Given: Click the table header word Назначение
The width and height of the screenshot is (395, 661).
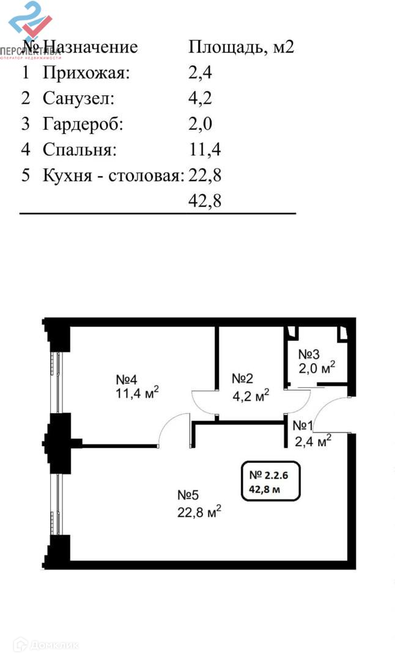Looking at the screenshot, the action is click(90, 47).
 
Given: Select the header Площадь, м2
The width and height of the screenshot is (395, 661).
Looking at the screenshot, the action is click(242, 47).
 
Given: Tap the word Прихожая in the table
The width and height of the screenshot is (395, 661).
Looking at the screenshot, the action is click(86, 73).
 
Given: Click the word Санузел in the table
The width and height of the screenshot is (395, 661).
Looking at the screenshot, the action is click(78, 99).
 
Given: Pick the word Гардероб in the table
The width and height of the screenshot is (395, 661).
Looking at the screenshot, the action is click(83, 124).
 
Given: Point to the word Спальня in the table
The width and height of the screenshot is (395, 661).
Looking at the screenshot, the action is click(79, 150).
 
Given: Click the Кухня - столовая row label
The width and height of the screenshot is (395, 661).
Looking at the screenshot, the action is click(113, 176).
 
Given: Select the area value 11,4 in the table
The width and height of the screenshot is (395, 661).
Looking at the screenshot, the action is click(204, 150).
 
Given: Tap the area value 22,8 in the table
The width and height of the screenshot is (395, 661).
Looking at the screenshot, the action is click(205, 176).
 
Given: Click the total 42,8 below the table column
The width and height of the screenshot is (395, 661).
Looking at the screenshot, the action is click(205, 201).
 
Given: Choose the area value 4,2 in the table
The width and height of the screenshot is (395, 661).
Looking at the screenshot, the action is click(200, 99).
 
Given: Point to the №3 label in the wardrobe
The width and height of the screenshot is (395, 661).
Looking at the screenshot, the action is click(309, 354).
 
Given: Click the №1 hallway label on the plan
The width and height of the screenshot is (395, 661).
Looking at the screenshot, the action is click(304, 425).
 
